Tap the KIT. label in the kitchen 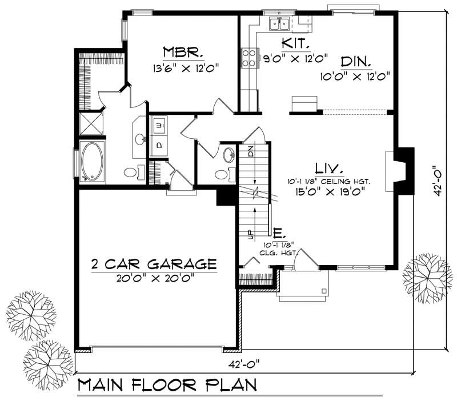point(296,43)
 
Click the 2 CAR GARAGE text point(154,264)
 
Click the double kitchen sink point(279,24)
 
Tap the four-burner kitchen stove point(249,57)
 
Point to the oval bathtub point(91,162)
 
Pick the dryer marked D point(159,145)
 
